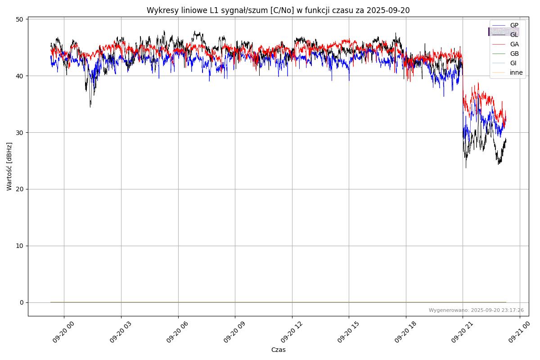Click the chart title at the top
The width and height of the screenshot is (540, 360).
click(278, 10)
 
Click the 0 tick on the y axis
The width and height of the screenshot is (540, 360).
click(21, 302)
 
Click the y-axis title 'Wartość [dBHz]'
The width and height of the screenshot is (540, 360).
click(9, 166)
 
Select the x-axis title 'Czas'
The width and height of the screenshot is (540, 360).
click(278, 350)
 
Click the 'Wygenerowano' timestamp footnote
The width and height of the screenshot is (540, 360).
click(476, 310)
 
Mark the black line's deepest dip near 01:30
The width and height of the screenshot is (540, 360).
click(90, 107)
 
